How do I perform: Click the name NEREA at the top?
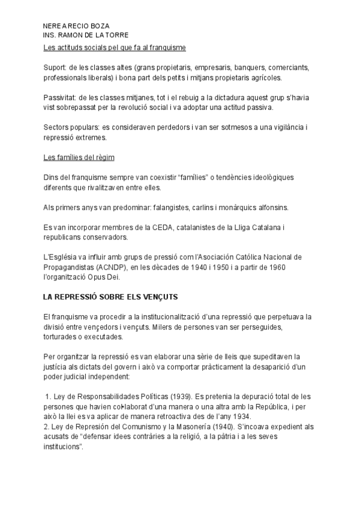tap(55, 28)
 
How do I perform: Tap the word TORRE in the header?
tap(117, 36)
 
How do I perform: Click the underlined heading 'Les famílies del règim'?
tap(79, 158)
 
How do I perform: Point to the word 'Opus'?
tap(105, 277)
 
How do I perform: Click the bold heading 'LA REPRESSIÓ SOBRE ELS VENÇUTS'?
tap(111, 297)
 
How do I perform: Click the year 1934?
tap(239, 417)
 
